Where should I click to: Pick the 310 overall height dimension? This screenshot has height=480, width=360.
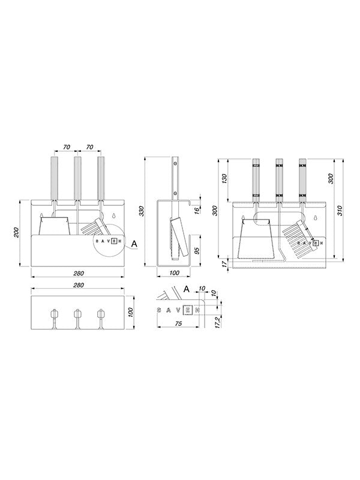(x=340, y=210)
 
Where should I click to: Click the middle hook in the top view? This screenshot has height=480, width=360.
(x=77, y=314)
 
